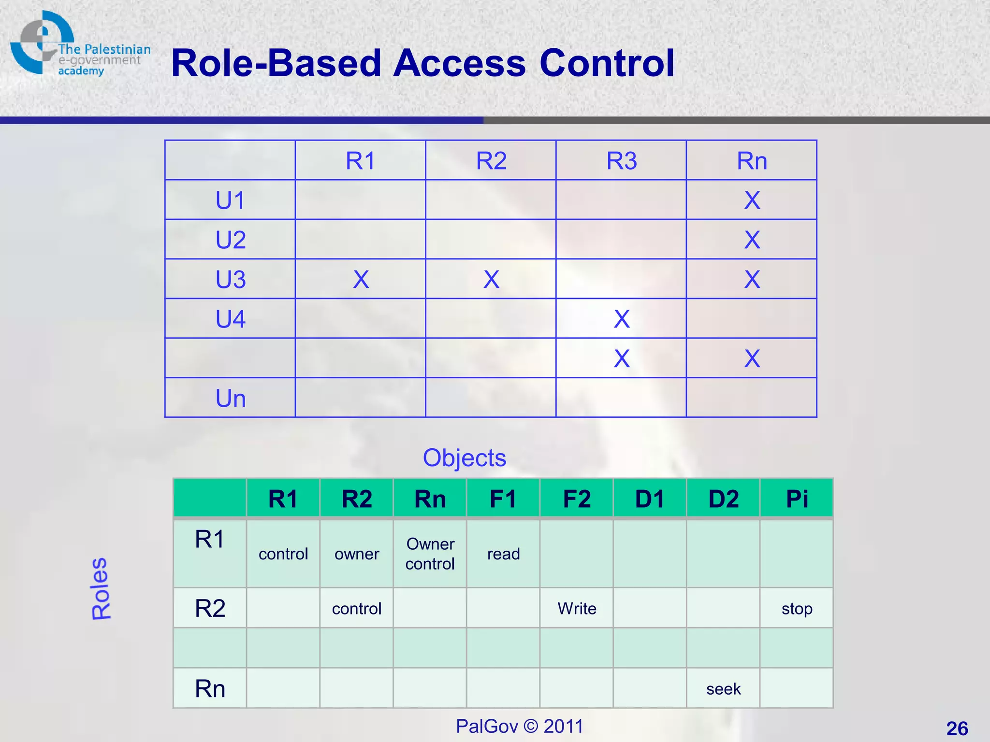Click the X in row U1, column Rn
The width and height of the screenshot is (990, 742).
point(752,200)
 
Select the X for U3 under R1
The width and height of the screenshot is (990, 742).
point(361,279)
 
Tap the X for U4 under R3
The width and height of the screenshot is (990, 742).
point(622,319)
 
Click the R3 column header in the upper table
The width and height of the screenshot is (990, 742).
point(622,160)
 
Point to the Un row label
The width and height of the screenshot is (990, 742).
point(231,399)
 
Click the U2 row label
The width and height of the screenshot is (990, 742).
point(231,240)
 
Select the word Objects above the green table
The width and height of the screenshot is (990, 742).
point(464,457)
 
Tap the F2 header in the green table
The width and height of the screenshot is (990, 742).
point(577,499)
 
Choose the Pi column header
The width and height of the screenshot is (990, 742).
point(797,499)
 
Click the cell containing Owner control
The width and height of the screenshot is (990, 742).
point(430,554)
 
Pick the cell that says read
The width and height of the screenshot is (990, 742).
point(503,554)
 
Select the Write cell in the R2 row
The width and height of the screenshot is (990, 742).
point(577,608)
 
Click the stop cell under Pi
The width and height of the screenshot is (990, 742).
point(797,608)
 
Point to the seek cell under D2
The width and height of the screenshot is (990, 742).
point(723,688)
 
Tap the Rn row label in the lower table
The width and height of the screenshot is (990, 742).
point(210,688)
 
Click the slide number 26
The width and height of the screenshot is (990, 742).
point(957,728)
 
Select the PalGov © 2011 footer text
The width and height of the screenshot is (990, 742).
point(520,726)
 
